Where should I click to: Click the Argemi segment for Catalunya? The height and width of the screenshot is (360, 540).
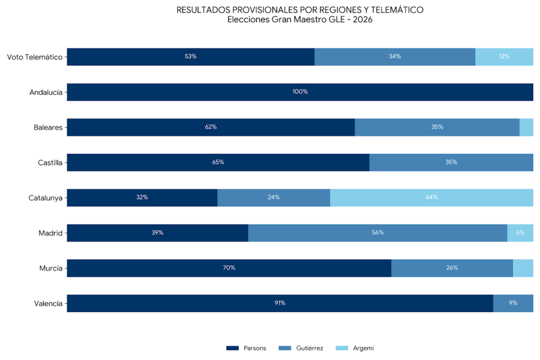click(x=431, y=198)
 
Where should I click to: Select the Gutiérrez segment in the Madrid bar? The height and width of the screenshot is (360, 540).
click(x=378, y=233)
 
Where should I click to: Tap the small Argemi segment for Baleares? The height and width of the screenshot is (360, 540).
click(x=526, y=127)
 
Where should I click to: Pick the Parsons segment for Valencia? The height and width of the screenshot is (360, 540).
click(x=279, y=303)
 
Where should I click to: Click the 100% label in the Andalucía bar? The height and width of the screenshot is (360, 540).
click(x=300, y=92)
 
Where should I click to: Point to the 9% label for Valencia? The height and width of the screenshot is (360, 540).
click(x=513, y=303)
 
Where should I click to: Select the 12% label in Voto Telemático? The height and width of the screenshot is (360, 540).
click(x=504, y=56)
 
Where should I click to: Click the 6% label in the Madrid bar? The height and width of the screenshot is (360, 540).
click(x=520, y=232)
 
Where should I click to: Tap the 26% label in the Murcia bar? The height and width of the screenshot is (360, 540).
click(x=452, y=268)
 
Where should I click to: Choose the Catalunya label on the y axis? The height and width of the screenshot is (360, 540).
click(x=45, y=198)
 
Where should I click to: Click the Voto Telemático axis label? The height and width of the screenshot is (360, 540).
click(x=35, y=57)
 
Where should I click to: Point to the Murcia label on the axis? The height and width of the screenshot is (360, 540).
click(x=51, y=268)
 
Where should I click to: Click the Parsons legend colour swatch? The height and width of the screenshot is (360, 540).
click(x=233, y=348)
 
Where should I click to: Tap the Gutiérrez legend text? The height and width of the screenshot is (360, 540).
click(x=310, y=348)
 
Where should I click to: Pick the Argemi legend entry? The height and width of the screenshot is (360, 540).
click(x=363, y=348)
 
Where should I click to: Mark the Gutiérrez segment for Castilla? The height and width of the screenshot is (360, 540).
click(x=451, y=162)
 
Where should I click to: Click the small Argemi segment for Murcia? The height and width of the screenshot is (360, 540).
click(x=523, y=268)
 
